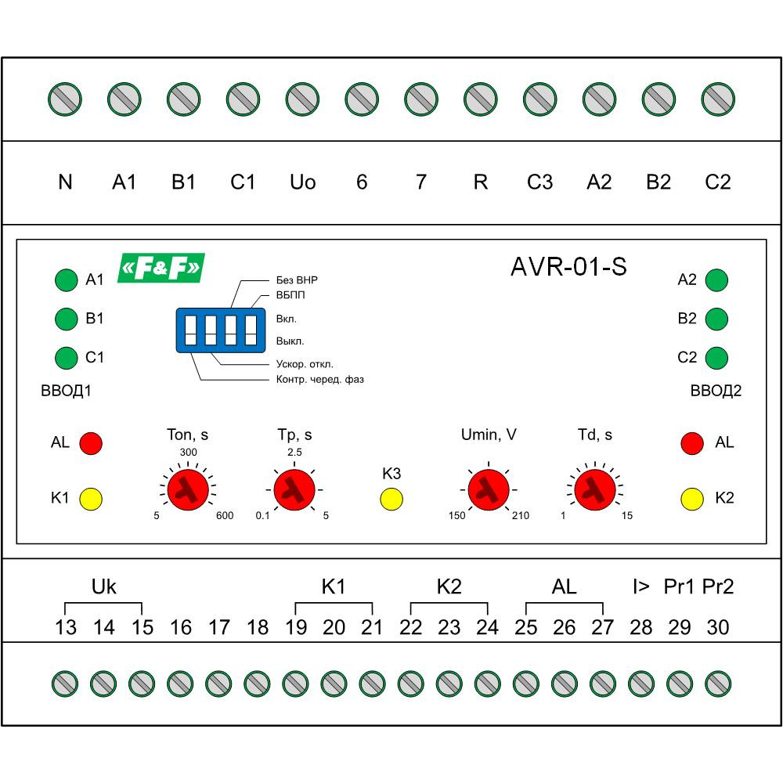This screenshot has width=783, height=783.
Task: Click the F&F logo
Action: point(161,268)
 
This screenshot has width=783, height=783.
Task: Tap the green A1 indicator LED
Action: point(67,280)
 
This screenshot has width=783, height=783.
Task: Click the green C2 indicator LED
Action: point(716,358)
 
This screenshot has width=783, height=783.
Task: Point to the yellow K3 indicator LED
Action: point(391,499)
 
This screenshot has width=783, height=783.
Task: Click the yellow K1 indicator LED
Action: point(91,498)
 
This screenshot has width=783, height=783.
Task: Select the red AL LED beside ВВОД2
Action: point(692,442)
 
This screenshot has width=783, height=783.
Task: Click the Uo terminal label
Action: point(302,182)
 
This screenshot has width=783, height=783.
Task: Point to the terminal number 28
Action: point(640,627)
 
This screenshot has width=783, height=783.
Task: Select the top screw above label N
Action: point(65,99)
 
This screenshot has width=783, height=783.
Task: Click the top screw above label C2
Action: point(718,99)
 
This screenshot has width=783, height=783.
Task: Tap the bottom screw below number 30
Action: point(717,684)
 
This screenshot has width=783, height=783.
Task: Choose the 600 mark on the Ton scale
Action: point(226,515)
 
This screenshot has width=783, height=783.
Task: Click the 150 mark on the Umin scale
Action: point(456,515)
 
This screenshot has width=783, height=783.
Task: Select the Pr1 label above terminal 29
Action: point(679,586)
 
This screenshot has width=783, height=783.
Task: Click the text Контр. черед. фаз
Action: point(320,380)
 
